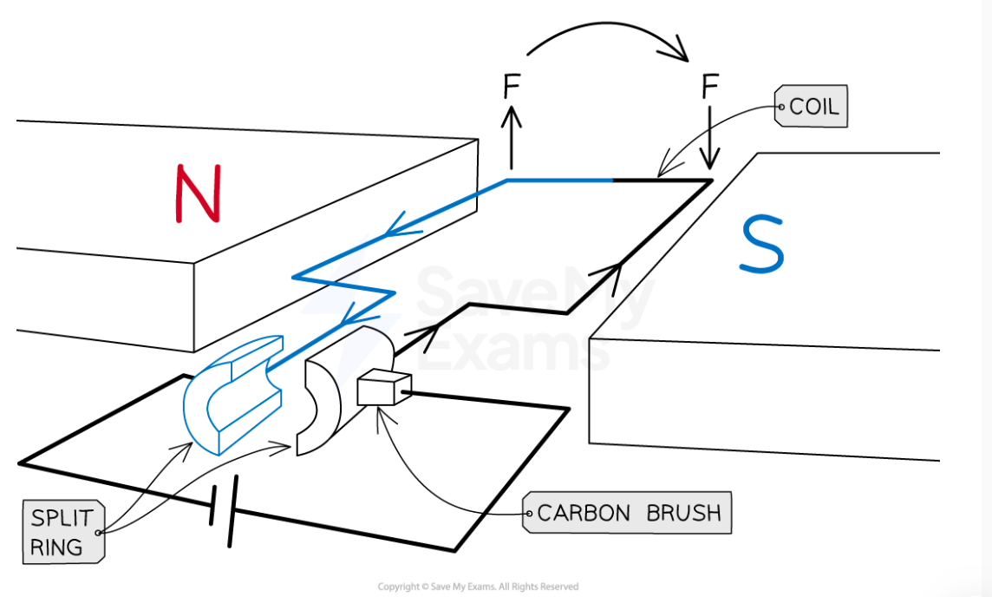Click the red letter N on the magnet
199,192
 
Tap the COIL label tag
812,107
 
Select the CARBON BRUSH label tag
628,512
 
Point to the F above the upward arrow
512,87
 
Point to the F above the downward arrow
710,87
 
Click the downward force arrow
710,139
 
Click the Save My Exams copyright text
478,587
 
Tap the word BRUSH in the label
683,512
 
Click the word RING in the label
56,548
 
